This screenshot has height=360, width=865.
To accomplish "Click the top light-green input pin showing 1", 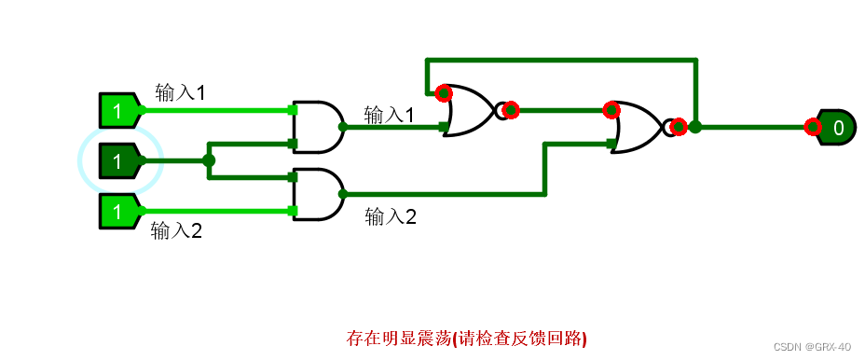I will [118, 111].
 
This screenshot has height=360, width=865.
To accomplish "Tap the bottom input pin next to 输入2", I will [118, 212].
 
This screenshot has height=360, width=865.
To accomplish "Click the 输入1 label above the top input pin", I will [180, 92].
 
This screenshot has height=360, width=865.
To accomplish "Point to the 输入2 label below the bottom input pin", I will [177, 231].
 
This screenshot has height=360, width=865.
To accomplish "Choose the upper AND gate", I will [316, 126].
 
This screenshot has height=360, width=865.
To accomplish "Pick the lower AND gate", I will [316, 194].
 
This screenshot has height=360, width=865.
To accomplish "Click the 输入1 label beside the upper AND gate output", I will [389, 115].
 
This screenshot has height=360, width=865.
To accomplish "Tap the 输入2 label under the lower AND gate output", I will [391, 217].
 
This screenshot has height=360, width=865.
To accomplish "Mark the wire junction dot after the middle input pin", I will [209, 160].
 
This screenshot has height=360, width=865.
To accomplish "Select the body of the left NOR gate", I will [472, 110].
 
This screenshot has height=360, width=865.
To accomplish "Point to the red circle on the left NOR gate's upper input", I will [444, 93].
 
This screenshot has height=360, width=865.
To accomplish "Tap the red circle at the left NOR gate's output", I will [510, 110].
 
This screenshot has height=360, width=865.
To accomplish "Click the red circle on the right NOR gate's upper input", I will [611, 110].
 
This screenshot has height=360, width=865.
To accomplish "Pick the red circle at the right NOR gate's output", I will [679, 127].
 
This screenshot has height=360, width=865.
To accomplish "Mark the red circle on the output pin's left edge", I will [813, 127].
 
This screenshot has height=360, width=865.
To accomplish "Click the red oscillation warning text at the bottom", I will [466, 338].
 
